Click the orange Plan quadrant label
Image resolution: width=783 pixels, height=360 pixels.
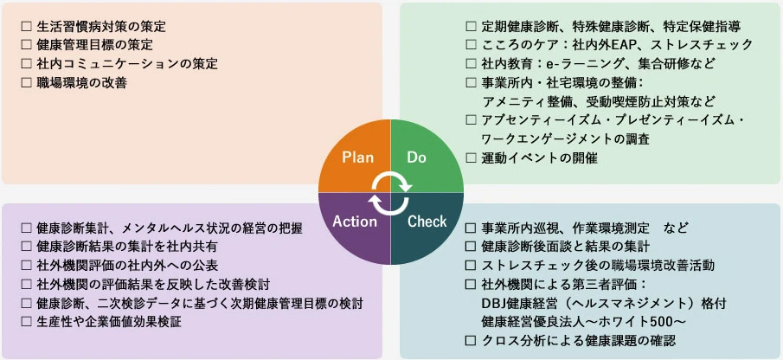tap(357, 157)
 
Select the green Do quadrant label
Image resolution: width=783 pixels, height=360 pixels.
tap(418, 157)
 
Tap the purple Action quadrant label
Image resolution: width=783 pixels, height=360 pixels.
tap(355, 221)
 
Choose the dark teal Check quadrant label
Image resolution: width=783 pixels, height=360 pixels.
tap(427, 221)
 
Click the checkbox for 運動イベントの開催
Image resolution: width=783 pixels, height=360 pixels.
tap(471, 157)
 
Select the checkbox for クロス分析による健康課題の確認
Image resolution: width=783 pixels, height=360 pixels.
tap(471, 341)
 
